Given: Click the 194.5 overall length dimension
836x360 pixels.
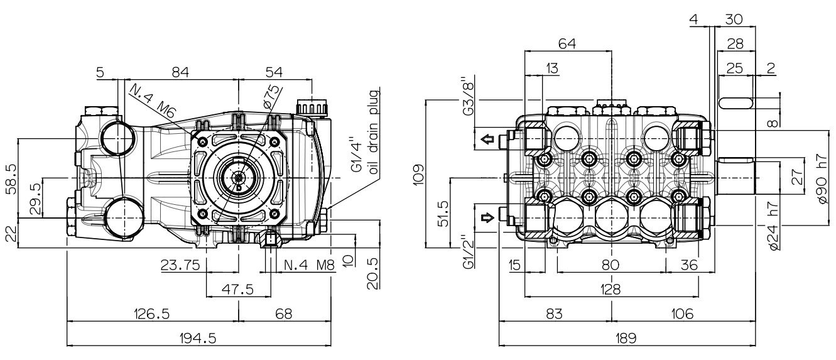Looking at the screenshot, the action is [198, 339].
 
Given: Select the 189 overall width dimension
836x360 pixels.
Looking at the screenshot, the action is [626, 339].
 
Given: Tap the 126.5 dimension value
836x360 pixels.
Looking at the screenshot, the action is [152, 314].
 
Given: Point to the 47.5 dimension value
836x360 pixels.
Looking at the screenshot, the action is [238, 289].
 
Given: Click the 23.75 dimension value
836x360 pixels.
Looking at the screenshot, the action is [181, 265].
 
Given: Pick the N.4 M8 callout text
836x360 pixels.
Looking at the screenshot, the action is [310, 265].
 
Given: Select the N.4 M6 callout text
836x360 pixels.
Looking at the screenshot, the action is [152, 101].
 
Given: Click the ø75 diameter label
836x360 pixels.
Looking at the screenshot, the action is [271, 97].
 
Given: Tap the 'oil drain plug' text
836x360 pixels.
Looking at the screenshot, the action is [374, 132].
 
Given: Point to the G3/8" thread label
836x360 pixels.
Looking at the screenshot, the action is [468, 96].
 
